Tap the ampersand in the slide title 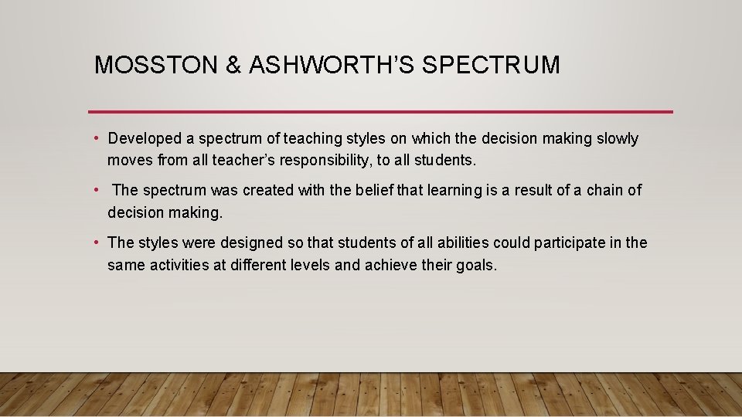tap(233, 65)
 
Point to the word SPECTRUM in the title tap(492, 65)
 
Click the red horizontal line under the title tap(380, 112)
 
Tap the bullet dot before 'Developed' tap(97, 139)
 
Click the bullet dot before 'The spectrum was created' tap(97, 190)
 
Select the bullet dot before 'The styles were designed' tap(97, 242)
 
